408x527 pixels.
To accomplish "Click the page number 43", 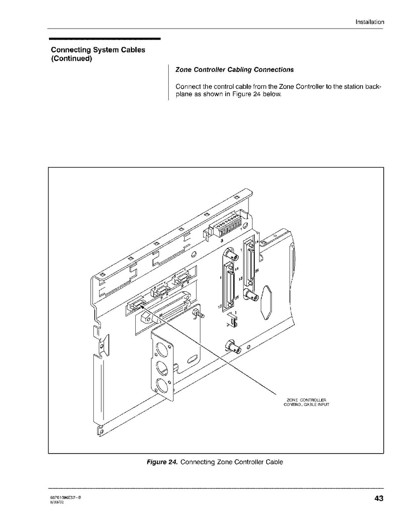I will click(378, 498).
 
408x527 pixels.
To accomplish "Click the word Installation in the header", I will click(370, 22).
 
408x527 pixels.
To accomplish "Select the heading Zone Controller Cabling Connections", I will click(234, 70).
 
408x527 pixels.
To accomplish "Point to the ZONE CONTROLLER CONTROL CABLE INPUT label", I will click(306, 402).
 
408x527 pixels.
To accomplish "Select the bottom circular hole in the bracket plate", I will click(162, 387).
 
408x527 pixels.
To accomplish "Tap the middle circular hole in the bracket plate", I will click(162, 368).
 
